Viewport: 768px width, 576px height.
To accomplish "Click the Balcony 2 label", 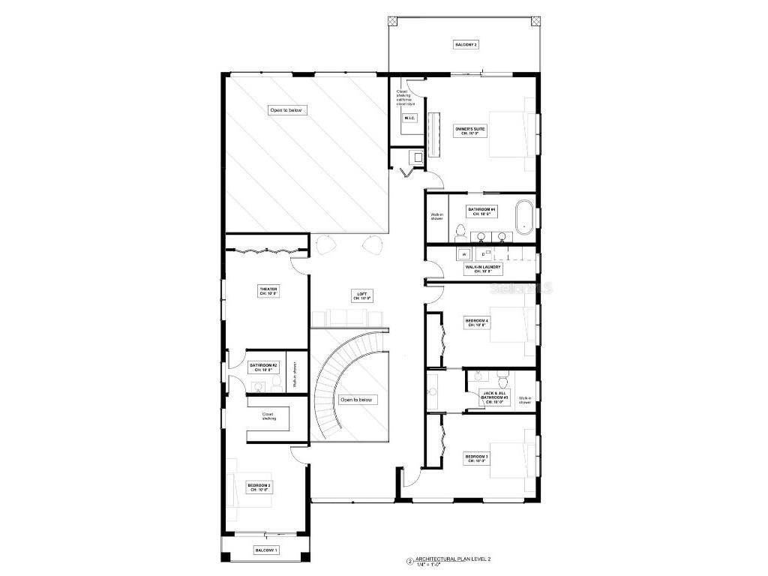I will [x=466, y=45].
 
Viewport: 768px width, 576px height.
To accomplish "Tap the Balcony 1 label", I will [x=265, y=550].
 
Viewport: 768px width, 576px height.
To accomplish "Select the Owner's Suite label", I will [x=470, y=130].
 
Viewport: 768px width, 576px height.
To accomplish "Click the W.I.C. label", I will [x=409, y=118].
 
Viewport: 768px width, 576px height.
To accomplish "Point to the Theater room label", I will [x=268, y=291].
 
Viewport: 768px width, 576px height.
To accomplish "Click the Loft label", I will [x=363, y=296].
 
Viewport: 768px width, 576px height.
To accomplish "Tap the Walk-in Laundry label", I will [x=483, y=268].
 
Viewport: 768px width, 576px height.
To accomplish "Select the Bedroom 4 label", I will [x=476, y=323].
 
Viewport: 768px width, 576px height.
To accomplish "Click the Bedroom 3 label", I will [x=476, y=458].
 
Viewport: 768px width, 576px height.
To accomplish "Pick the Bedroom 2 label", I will [x=259, y=487].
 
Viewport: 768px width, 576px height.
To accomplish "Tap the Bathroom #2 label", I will [x=263, y=367].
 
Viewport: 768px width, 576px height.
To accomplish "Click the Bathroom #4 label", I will [x=481, y=211].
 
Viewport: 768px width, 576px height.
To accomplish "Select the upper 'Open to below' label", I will [x=288, y=110].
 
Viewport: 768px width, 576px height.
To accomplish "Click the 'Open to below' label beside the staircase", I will [x=356, y=400].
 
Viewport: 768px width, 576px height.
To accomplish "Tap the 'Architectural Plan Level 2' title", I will [x=457, y=559].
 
